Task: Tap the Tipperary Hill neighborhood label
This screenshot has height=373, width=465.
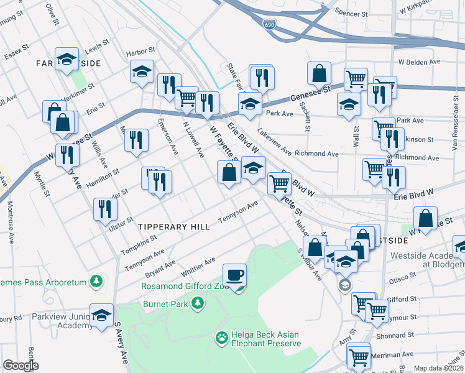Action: [174, 227]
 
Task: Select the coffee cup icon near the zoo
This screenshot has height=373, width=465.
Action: [235, 274]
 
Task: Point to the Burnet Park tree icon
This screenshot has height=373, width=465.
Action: [198, 303]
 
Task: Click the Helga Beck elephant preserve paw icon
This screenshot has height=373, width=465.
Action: [221, 338]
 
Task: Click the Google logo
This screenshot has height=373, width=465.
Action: [21, 366]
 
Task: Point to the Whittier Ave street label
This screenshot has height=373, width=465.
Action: [198, 267]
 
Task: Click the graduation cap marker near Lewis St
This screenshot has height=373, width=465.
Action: [67, 59]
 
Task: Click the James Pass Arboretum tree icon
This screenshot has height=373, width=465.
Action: [96, 282]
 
